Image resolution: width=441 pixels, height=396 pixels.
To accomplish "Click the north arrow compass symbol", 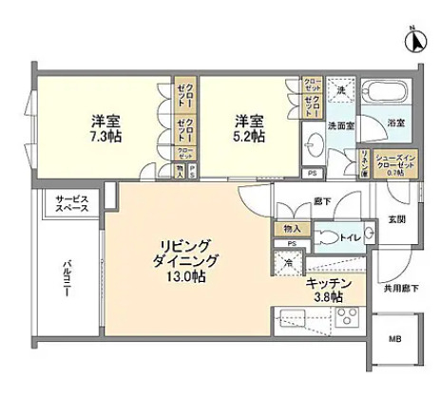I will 414,41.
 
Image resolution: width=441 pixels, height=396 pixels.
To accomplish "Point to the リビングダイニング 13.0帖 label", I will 190,259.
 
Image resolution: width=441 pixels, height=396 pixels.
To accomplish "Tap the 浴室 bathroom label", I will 395,123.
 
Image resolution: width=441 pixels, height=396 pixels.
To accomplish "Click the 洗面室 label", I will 342,123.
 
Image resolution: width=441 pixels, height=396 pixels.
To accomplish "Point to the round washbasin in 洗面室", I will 316,144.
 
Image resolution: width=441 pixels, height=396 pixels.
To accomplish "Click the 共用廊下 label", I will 402,287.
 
